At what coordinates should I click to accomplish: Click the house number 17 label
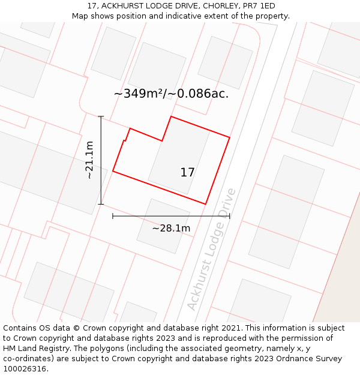click(x=187, y=173)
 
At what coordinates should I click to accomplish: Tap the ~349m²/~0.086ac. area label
click(x=171, y=94)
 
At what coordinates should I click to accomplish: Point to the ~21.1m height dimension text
click(x=89, y=160)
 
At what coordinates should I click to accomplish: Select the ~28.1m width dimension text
click(x=171, y=228)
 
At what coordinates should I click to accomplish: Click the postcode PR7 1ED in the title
click(x=259, y=6)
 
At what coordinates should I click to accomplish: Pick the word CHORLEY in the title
click(x=220, y=6)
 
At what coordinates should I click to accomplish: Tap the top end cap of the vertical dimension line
click(x=101, y=116)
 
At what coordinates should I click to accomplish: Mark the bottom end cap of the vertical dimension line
click(x=101, y=204)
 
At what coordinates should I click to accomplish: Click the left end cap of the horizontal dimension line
click(x=113, y=216)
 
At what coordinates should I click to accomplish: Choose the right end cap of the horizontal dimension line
click(x=229, y=216)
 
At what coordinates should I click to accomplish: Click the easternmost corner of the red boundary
click(x=229, y=137)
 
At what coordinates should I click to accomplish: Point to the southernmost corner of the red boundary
click(x=206, y=204)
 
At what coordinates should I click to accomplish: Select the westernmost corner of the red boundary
click(x=113, y=172)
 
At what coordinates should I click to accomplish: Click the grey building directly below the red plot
click(x=163, y=226)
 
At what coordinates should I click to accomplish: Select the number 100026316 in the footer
click(x=25, y=369)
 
